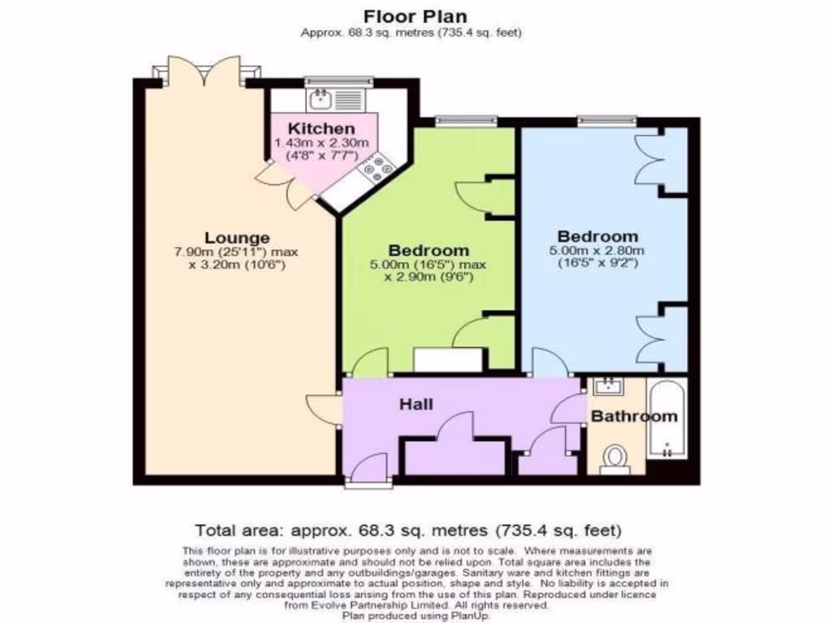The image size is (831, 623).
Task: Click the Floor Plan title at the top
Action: (415, 15)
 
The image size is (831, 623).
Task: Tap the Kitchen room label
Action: (322, 128)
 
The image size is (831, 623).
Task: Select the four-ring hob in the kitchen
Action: (376, 169)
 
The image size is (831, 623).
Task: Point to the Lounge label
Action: (237, 238)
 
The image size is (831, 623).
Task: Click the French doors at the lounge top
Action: (205, 71)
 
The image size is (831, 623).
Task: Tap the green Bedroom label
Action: (428, 250)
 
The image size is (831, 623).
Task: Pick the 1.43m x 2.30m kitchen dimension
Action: (321, 143)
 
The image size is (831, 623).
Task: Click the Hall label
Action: (416, 404)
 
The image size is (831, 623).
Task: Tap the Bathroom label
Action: (633, 416)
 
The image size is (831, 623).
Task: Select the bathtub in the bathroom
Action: (667, 422)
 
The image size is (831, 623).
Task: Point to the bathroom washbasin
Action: (606, 386)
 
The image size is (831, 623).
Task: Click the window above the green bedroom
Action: (466, 122)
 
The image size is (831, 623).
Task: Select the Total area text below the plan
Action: (408, 531)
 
